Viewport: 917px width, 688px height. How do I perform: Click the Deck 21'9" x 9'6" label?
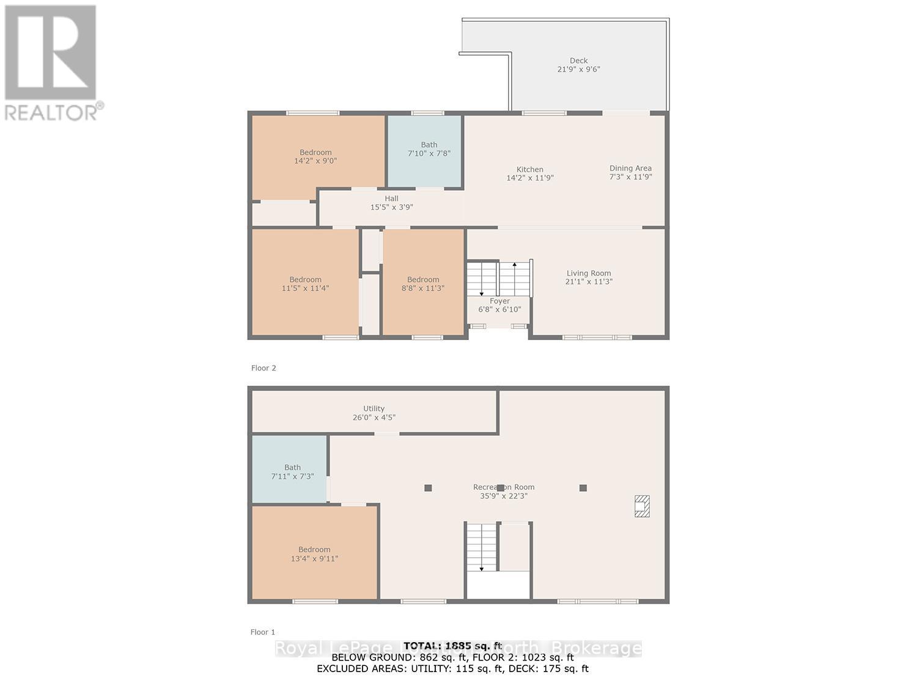coord(578,65)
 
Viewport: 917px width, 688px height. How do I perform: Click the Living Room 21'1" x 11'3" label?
coord(588,278)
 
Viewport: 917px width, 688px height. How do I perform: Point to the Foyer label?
coord(499,301)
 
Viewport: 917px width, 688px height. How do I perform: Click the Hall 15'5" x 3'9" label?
coord(391,202)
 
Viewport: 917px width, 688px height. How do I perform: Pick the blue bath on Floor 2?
coord(429,149)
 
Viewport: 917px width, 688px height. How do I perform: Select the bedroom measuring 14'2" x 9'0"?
coord(315,157)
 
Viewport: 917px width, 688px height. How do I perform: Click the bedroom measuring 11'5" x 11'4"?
coord(305,284)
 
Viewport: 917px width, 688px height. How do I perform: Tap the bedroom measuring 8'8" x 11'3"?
coord(423,284)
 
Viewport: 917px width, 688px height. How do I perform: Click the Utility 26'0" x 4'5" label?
coord(374,413)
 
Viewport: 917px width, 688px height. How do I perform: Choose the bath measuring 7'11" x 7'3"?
coord(292,472)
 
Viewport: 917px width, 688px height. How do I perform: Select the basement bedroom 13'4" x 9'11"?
coord(314,553)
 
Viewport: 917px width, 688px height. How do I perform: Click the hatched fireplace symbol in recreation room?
coord(641,506)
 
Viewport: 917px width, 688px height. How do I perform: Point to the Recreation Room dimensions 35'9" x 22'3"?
coord(503,496)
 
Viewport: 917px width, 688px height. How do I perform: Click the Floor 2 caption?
coord(263,368)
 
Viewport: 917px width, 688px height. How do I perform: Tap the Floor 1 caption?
coord(263,632)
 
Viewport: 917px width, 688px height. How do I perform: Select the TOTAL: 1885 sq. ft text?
coord(452,646)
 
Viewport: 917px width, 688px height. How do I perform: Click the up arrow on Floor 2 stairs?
coord(515,265)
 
